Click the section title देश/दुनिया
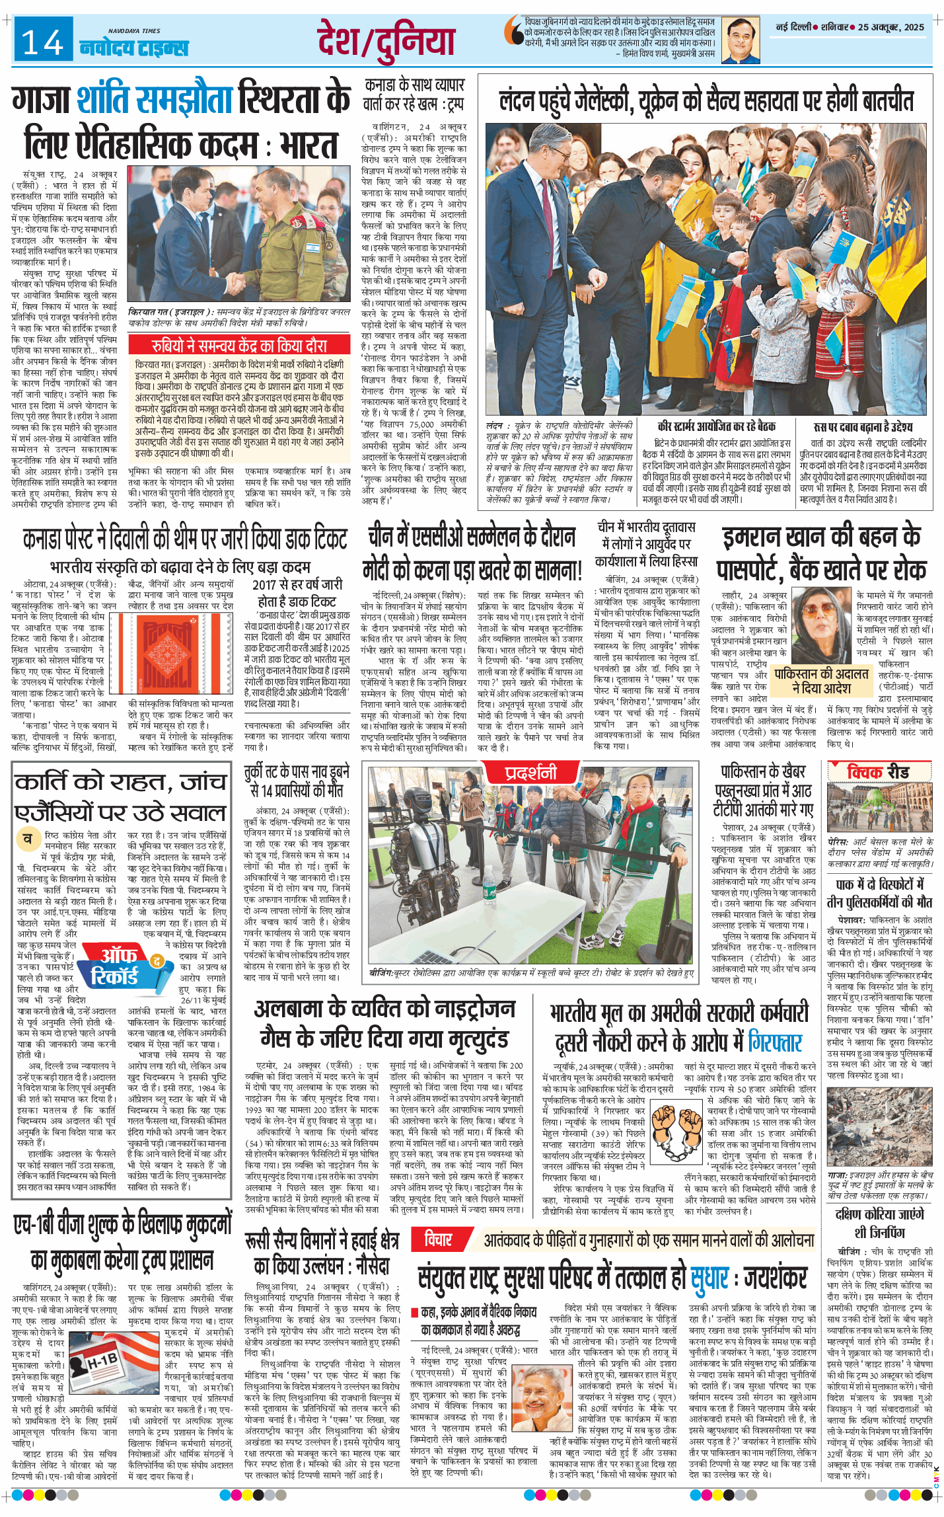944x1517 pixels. [x=386, y=40]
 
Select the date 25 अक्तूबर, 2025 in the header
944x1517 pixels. [x=891, y=27]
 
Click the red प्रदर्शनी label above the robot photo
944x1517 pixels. [x=530, y=772]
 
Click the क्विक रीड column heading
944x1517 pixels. [x=879, y=771]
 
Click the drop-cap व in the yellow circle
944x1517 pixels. [x=28, y=839]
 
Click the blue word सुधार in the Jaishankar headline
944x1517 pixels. [x=709, y=1278]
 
